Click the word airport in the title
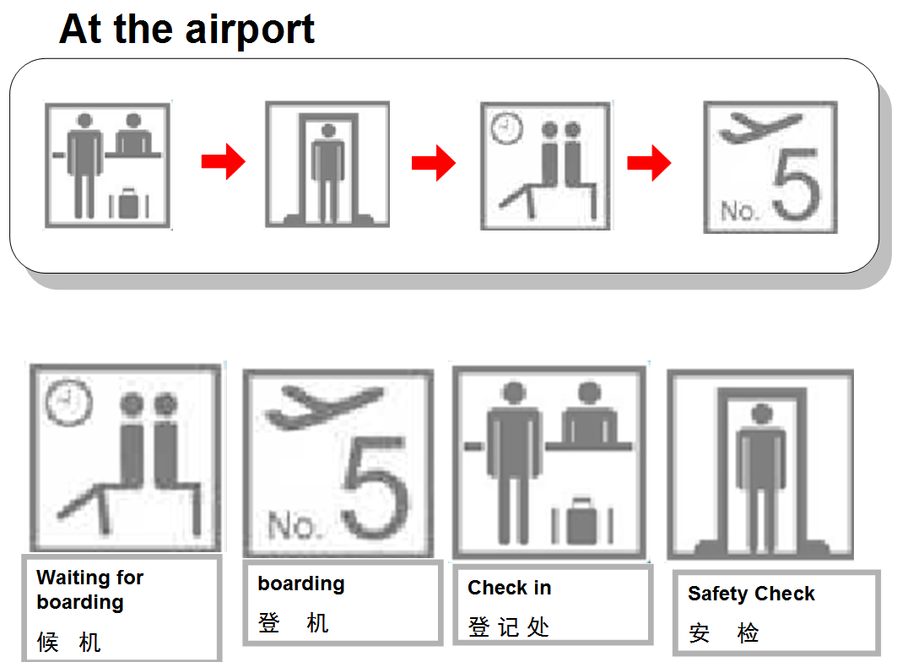(x=250, y=30)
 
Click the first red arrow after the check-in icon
(x=223, y=161)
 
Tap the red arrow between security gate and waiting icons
(x=434, y=163)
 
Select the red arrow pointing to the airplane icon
(x=649, y=163)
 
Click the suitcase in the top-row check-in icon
(x=129, y=203)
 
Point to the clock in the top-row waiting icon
(x=507, y=128)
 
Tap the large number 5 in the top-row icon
(x=797, y=184)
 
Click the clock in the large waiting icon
(x=68, y=402)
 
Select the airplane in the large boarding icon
(x=324, y=407)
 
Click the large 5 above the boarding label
(x=376, y=487)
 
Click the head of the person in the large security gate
(x=762, y=414)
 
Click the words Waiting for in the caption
(x=89, y=578)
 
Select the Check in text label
(x=509, y=588)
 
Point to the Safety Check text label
(x=751, y=594)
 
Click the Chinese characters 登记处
(x=509, y=627)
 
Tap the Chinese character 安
(x=699, y=633)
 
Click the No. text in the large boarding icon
(x=292, y=525)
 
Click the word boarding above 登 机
(x=301, y=584)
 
